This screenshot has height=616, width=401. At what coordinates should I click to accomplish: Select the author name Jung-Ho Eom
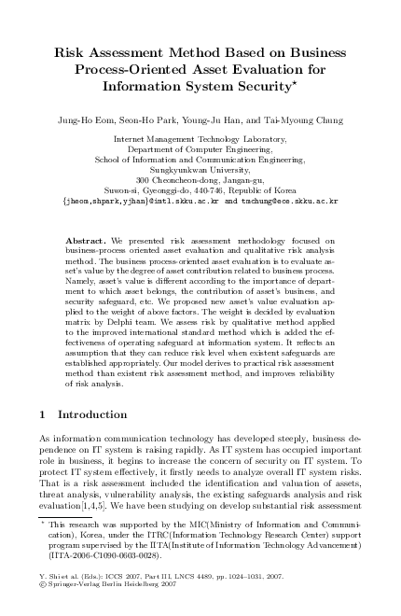[x=89, y=119]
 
